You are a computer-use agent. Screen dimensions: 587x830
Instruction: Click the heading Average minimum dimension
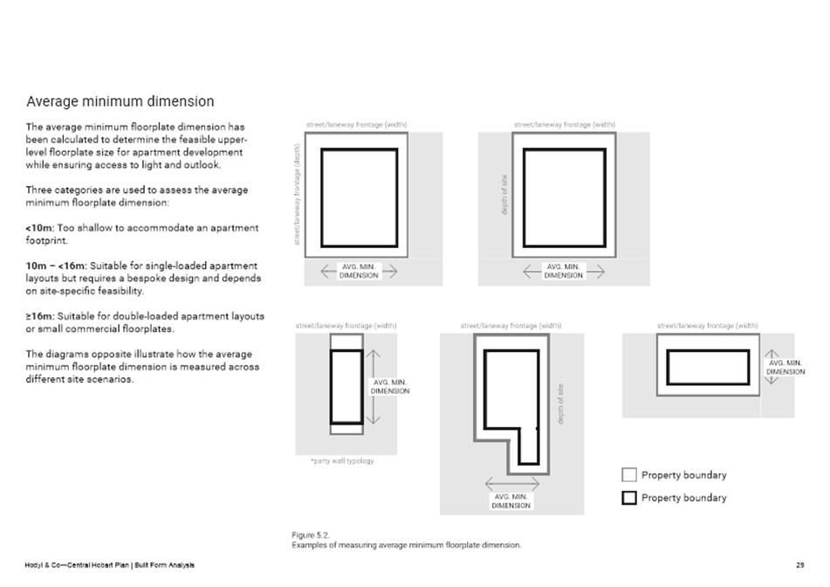tap(120, 102)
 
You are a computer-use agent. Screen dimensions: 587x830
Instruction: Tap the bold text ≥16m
tap(39, 316)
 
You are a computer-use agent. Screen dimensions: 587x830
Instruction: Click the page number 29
tap(800, 565)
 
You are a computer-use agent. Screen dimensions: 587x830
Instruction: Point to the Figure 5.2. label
tap(311, 535)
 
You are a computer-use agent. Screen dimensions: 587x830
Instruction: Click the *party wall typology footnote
tap(342, 461)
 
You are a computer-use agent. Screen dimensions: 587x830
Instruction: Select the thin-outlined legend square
tap(628, 475)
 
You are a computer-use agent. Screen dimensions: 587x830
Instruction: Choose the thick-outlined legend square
tap(628, 498)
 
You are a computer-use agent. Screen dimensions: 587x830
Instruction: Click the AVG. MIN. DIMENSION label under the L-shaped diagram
tap(511, 501)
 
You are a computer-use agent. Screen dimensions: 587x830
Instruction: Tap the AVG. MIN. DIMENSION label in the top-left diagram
tap(359, 271)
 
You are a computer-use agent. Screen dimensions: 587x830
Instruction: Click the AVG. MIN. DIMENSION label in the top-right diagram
tap(563, 271)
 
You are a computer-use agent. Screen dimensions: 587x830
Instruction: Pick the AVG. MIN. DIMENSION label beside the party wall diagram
tap(390, 387)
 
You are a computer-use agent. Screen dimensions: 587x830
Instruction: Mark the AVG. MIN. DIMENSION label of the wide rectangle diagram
tap(785, 367)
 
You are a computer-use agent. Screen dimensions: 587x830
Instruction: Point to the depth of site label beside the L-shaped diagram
tap(560, 404)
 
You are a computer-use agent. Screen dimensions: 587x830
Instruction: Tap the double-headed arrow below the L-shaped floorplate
tap(511, 484)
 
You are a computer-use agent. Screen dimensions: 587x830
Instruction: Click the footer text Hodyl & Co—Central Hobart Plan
tap(78, 565)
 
